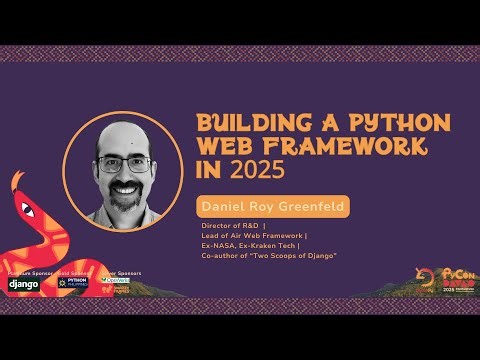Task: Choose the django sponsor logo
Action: click(x=23, y=284)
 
